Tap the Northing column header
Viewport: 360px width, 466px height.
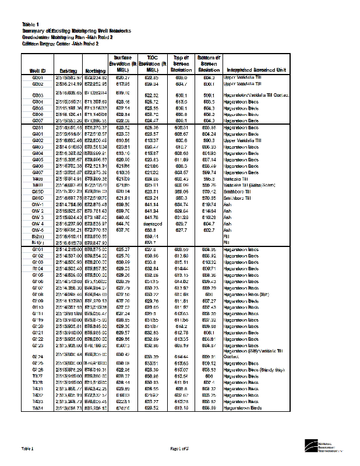(95, 70)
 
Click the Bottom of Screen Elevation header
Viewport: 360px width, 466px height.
(208, 63)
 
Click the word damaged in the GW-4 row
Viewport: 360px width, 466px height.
(151, 223)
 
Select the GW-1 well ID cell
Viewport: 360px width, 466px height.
(38, 204)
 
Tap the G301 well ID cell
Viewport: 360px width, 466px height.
(38, 77)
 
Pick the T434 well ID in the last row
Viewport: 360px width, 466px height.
(38, 408)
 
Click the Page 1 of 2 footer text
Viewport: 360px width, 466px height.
(179, 449)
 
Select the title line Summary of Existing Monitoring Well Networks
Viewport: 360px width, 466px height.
(77, 30)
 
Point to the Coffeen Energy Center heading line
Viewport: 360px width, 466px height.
(61, 43)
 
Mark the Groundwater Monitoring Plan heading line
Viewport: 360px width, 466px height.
(68, 37)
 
